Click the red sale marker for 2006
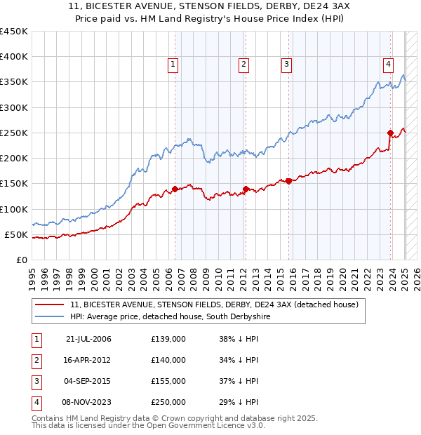(x=175, y=189)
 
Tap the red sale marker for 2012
(x=246, y=188)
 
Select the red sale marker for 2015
(x=288, y=181)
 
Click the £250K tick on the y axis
(x=14, y=133)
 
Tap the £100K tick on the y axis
(x=14, y=209)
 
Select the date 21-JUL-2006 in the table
(x=88, y=340)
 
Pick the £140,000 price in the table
(x=168, y=360)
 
